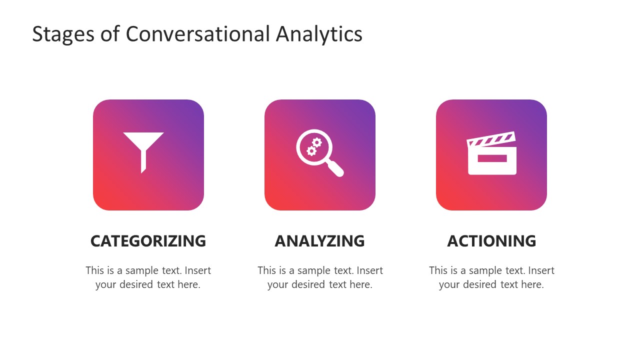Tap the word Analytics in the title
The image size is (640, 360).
[x=319, y=34]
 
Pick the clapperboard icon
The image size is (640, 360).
[x=491, y=153]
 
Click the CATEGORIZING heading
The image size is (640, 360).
[x=148, y=241]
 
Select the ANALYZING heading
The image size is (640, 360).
[x=319, y=241]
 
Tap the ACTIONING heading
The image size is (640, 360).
[x=491, y=241]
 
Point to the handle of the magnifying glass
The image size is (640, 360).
[x=335, y=168]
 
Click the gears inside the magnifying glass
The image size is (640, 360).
[x=314, y=146]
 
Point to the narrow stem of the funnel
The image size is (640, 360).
[x=143, y=161]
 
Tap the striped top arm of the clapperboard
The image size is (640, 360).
[x=490, y=139]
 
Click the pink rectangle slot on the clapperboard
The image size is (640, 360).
[x=492, y=158]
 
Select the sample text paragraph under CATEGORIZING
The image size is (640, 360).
[x=148, y=277]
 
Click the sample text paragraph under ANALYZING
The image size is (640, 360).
[x=320, y=277]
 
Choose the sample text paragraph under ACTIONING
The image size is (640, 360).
[x=491, y=277]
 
